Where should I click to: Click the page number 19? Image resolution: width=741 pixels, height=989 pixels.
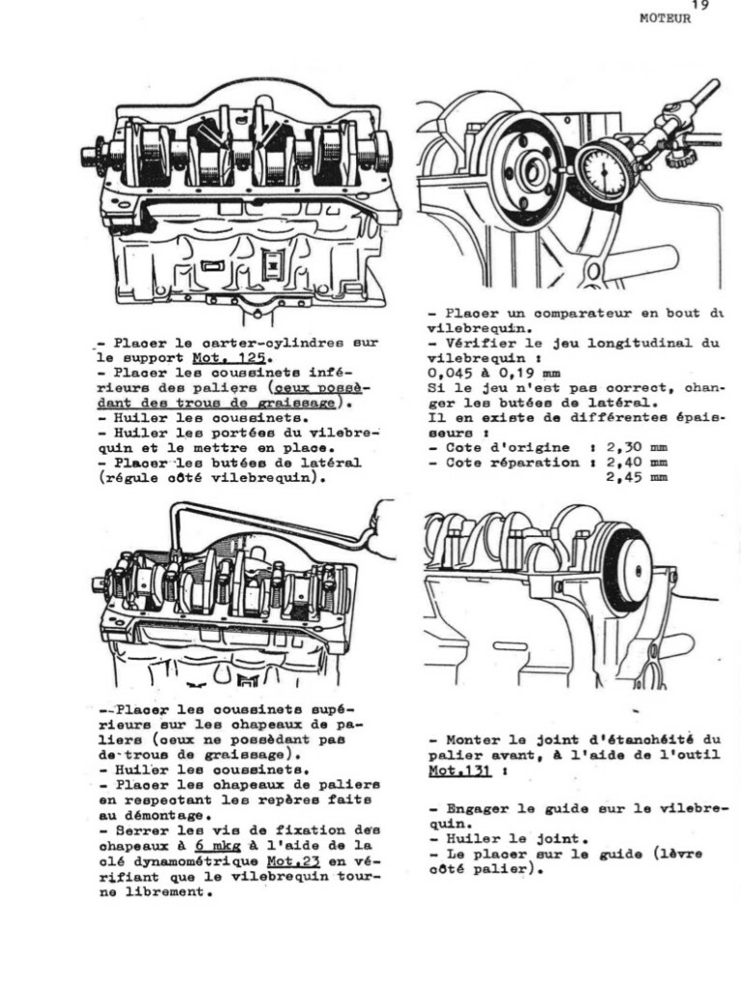700,5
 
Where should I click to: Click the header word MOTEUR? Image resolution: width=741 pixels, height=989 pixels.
665,18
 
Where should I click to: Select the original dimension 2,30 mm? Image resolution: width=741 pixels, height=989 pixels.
636,447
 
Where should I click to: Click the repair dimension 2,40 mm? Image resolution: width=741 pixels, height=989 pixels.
636,462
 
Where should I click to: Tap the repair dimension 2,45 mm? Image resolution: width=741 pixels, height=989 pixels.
636,476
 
